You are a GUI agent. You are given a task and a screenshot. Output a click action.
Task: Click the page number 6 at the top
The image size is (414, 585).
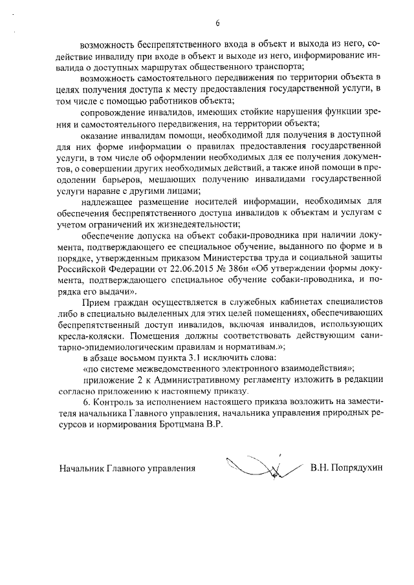pyautogui.click(x=217, y=24)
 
